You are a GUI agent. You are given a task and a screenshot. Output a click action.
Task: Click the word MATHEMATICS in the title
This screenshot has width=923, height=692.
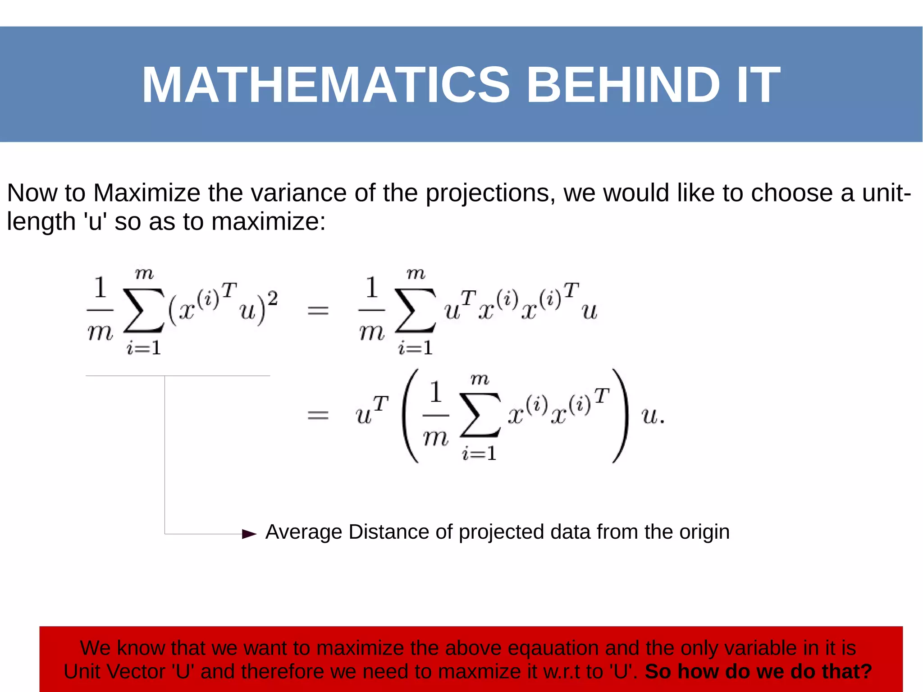[325, 85]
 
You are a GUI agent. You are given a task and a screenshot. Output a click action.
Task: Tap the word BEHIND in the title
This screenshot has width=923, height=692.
[623, 85]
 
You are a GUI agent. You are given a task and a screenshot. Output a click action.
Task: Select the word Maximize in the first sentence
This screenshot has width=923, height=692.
[146, 193]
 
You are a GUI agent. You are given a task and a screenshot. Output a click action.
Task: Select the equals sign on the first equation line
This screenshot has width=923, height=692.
[318, 310]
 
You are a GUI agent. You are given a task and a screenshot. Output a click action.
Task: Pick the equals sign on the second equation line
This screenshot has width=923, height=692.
[318, 415]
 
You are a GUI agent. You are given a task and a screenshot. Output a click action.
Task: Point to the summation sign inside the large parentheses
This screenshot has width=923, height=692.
[480, 415]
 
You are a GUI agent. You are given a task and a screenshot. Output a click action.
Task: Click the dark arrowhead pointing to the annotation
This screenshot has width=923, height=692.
[249, 534]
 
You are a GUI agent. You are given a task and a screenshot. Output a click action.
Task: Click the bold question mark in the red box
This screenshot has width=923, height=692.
[866, 671]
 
